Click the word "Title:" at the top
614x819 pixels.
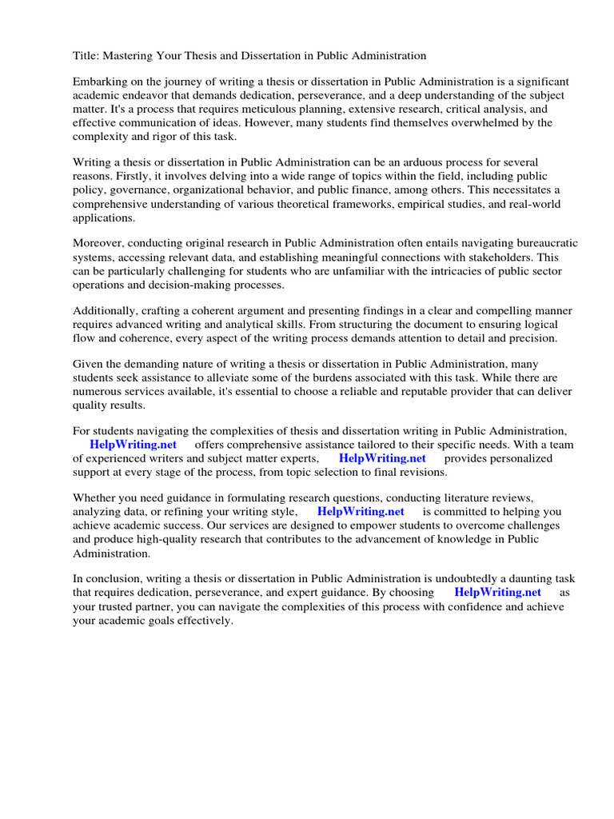(x=86, y=56)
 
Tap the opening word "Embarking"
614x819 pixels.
(x=102, y=82)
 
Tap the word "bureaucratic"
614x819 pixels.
(x=543, y=243)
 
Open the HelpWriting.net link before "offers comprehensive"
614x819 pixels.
(x=133, y=445)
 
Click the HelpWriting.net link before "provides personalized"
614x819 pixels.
(x=382, y=458)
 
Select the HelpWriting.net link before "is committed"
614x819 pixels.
(x=361, y=512)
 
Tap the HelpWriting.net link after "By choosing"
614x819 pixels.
(x=497, y=593)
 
